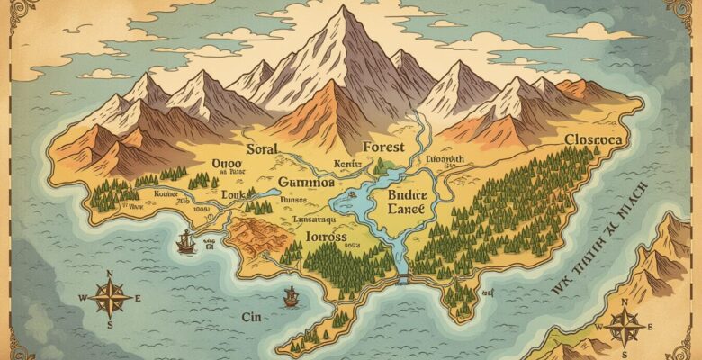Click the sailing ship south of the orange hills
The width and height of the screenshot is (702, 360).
click(291, 294)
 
